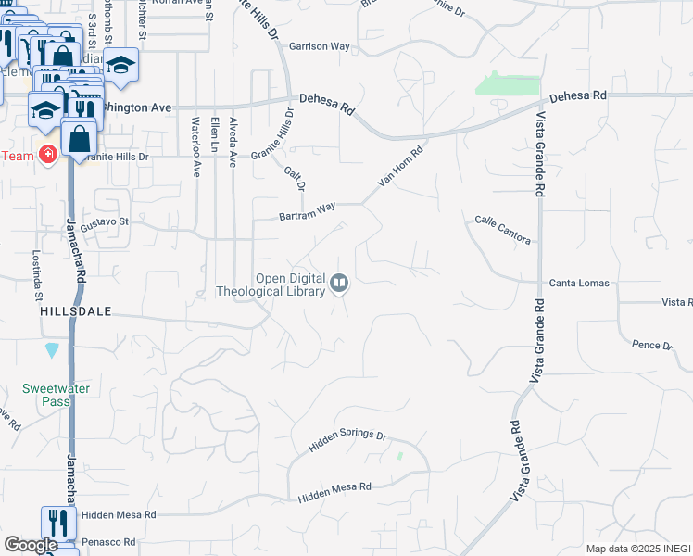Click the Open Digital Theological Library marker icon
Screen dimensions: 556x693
coord(340,284)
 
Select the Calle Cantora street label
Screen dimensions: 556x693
coord(502,231)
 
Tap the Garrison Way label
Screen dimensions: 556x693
coord(319,45)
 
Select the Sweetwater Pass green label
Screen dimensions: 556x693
coord(57,395)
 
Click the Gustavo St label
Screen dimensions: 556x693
coord(104,223)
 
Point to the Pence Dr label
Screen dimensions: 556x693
coord(651,345)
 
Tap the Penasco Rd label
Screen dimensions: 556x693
coord(107,541)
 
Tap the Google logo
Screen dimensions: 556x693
coord(31,545)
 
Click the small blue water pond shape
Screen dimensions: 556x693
coord(52,350)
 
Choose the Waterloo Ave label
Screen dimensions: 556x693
coord(195,146)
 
